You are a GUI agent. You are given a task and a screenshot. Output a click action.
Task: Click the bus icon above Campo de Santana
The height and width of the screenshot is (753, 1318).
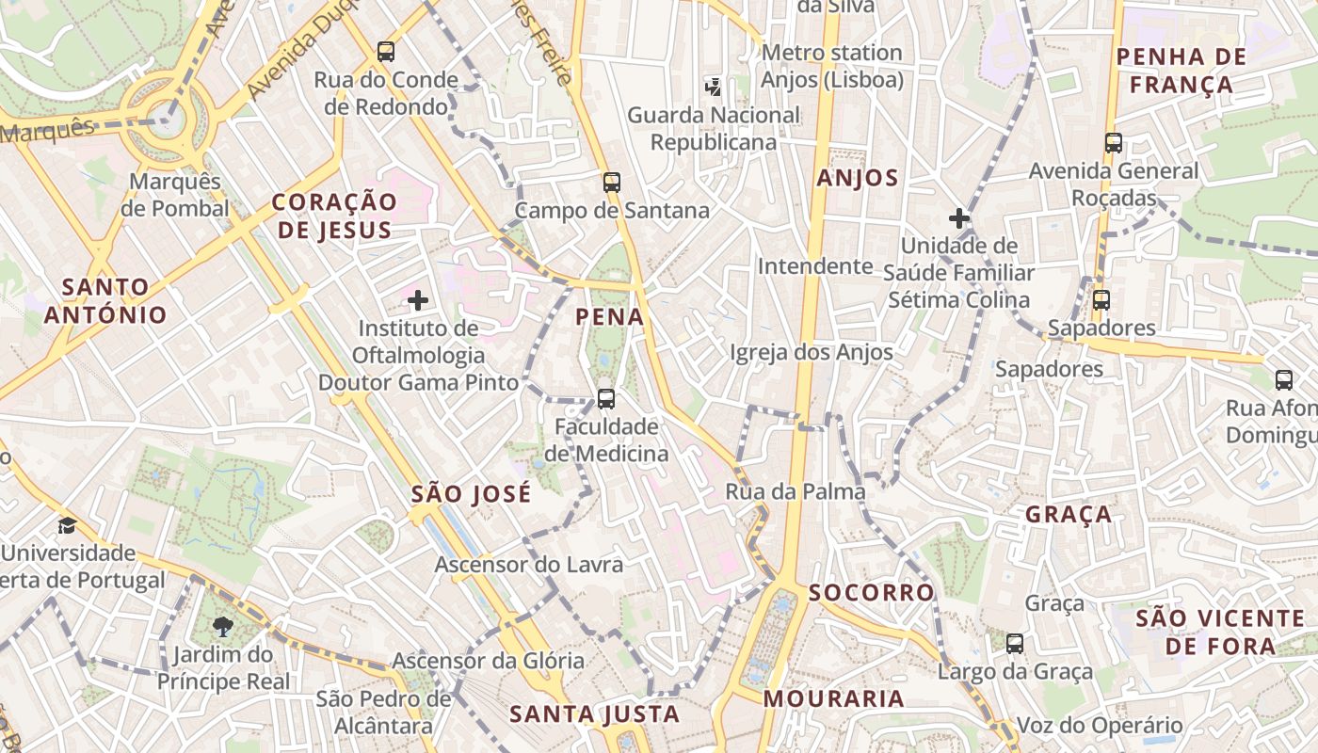pos(612,183)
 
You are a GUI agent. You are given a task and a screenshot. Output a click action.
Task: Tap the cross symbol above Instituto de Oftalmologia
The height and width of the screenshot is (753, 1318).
pos(418,300)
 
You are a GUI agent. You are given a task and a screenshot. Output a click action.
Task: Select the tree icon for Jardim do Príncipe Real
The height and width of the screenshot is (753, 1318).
pos(223,627)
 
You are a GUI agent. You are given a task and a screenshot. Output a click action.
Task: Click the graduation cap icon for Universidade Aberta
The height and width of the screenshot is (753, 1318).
pos(67,525)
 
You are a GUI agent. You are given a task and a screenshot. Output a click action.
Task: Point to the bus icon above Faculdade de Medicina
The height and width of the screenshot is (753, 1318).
pos(606,399)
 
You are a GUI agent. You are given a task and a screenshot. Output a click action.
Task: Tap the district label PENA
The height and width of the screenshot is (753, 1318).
pos(610,317)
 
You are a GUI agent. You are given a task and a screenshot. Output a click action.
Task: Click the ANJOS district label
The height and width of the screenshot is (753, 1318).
pos(858,178)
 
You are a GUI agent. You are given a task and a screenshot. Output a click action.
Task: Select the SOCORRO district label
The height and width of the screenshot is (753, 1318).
pos(872,592)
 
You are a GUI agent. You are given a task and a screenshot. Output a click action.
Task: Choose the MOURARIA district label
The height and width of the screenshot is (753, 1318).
pos(833,699)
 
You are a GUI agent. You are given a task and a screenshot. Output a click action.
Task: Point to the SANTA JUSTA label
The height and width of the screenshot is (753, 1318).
pos(595,714)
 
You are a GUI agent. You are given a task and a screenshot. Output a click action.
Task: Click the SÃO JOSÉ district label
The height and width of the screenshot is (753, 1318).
pos(472,494)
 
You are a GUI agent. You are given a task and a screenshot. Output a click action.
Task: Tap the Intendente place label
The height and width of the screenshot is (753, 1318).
pos(815,266)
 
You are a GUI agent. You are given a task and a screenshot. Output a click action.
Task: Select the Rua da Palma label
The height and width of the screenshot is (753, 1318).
pos(796,491)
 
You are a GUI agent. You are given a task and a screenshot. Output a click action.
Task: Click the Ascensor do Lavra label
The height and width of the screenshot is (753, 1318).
pos(529,565)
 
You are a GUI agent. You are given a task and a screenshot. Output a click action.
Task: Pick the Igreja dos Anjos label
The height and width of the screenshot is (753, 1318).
pos(812,353)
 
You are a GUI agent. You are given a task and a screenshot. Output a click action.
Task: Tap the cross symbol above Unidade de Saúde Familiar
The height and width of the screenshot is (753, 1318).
pos(959,218)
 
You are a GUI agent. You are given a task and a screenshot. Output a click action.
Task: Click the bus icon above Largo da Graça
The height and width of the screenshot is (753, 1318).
pos(1015,644)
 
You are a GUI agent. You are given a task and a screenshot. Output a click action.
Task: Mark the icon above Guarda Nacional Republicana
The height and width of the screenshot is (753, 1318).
pos(714,88)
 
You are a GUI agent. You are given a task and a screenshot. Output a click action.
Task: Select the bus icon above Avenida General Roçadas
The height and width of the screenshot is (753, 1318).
pos(1114,143)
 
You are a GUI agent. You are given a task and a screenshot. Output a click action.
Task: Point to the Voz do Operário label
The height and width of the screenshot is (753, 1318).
pos(1100,726)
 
